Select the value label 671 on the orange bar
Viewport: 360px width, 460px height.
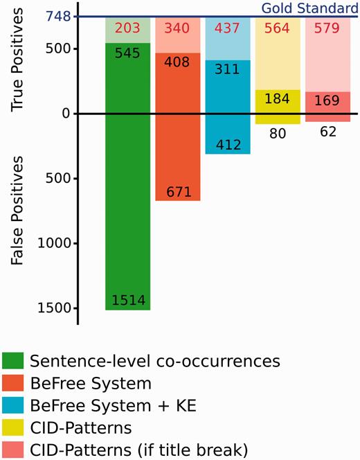coord(178,191)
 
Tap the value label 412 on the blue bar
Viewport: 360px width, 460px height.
coord(228,145)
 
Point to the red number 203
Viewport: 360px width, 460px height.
coord(127,28)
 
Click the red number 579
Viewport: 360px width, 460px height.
coord(327,28)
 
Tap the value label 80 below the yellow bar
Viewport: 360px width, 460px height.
coord(278,132)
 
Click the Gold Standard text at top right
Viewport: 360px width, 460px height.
coord(309,8)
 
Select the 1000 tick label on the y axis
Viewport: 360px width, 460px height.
coord(56,243)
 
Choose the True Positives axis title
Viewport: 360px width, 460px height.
coord(20,59)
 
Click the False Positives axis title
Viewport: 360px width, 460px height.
coord(20,209)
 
